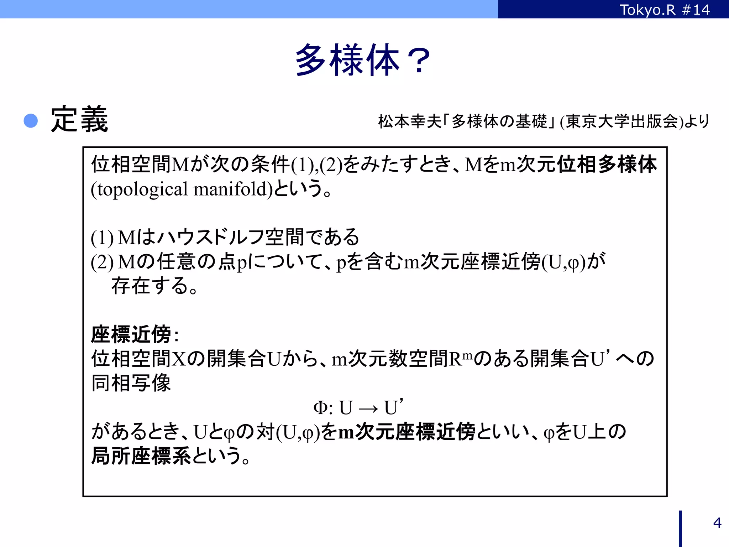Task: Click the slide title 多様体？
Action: pyautogui.click(x=363, y=60)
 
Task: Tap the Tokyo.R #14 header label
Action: pyautogui.click(x=665, y=10)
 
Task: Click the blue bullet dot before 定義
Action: pyautogui.click(x=31, y=121)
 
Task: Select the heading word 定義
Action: pyautogui.click(x=79, y=119)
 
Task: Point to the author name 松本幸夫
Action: pyautogui.click(x=409, y=121)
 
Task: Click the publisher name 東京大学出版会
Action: pyautogui.click(x=622, y=121)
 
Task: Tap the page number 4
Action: pyautogui.click(x=717, y=523)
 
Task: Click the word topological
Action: pyautogui.click(x=142, y=189)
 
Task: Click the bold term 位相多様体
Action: pyautogui.click(x=607, y=164)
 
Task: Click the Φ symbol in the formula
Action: pyautogui.click(x=320, y=408)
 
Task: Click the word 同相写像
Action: pyautogui.click(x=131, y=383)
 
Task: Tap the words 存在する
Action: pyautogui.click(x=150, y=286)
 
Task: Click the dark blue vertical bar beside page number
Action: pyautogui.click(x=680, y=528)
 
